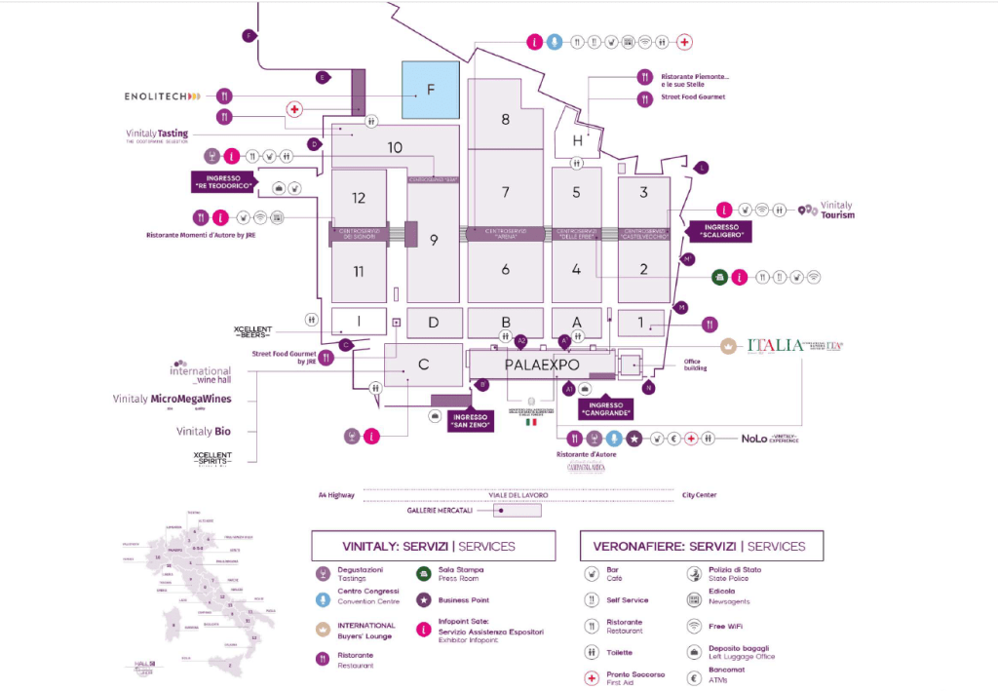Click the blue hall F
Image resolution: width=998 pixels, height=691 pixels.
tap(430, 90)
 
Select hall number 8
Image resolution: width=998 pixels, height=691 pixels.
tap(505, 119)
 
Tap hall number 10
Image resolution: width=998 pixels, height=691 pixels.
tap(394, 148)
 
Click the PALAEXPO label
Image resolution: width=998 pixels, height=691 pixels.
tap(542, 365)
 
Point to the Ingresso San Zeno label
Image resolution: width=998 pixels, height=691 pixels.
tap(471, 420)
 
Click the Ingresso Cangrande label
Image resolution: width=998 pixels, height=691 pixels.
tap(605, 410)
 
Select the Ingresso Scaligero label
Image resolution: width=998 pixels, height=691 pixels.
tap(720, 231)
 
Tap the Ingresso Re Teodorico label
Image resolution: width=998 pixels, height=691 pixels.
tap(223, 181)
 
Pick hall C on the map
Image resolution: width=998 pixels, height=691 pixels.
tap(423, 365)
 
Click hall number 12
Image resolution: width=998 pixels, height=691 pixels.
tap(359, 198)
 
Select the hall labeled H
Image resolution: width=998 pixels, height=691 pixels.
tap(577, 141)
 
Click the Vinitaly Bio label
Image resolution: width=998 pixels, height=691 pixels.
tap(203, 431)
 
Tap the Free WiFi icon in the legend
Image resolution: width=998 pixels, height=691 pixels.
tap(694, 626)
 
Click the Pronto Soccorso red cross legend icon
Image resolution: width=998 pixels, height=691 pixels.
tap(591, 677)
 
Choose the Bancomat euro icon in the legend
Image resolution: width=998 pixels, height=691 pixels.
tap(694, 677)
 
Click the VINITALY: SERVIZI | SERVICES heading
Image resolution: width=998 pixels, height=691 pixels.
tap(433, 546)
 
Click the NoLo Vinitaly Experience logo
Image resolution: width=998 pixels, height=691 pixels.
tap(769, 439)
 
